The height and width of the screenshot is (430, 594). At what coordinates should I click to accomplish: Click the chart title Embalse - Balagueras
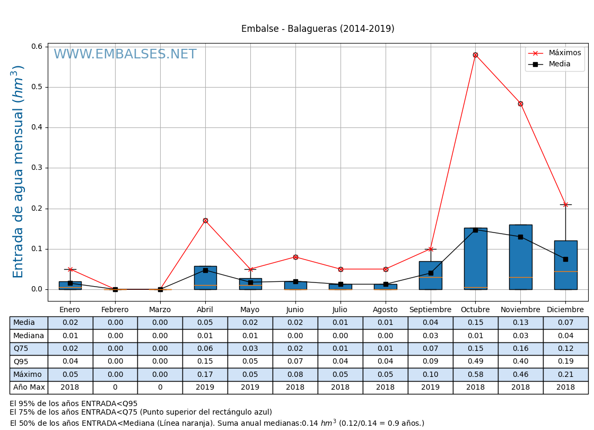318,29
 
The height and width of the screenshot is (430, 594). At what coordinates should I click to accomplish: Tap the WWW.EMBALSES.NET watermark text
125,55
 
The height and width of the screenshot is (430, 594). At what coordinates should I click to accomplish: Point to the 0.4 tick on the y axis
37,127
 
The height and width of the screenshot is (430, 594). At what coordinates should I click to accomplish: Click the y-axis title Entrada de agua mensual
19,171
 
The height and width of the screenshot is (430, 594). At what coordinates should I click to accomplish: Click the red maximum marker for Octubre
475,55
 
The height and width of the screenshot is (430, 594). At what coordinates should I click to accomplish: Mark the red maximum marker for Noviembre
520,104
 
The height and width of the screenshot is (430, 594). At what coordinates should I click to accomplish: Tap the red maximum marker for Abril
205,220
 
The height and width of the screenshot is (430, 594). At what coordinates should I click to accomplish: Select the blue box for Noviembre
520,257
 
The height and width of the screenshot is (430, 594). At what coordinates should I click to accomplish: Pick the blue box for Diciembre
565,265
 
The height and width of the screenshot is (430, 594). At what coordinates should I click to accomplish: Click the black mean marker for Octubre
475,230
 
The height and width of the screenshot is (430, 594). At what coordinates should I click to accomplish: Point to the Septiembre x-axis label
430,310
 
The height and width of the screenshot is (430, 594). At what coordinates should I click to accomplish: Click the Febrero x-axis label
115,310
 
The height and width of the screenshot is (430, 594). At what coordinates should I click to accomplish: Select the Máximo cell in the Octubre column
475,374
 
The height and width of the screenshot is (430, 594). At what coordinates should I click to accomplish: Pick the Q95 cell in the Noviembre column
520,362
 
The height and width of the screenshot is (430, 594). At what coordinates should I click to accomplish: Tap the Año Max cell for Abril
205,388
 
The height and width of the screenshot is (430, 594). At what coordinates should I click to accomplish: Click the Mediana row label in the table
29,336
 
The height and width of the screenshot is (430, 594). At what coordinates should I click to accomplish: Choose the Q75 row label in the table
29,349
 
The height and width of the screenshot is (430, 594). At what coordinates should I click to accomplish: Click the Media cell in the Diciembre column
565,323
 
